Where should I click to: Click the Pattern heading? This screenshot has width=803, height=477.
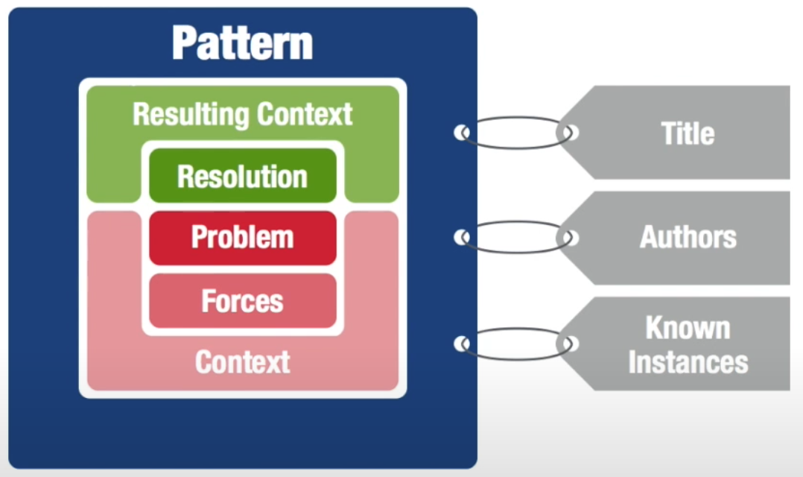click(x=242, y=43)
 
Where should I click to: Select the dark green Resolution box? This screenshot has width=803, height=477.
click(x=243, y=176)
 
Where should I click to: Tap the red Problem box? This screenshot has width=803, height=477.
click(x=243, y=238)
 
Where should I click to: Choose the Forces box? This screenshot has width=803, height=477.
click(x=243, y=301)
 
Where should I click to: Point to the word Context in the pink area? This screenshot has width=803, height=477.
click(x=243, y=361)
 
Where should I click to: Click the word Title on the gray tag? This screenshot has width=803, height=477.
click(x=688, y=133)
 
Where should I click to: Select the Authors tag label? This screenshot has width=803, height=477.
click(x=688, y=237)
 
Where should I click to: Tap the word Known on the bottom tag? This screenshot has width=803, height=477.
click(x=688, y=327)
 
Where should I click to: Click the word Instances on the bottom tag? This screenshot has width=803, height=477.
click(x=688, y=362)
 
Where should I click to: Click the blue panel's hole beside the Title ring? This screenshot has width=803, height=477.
click(x=462, y=133)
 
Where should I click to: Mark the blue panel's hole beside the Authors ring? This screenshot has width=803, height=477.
click(x=462, y=237)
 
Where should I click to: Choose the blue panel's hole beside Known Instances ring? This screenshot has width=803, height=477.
click(x=462, y=344)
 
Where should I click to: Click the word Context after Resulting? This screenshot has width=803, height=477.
click(x=305, y=114)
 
